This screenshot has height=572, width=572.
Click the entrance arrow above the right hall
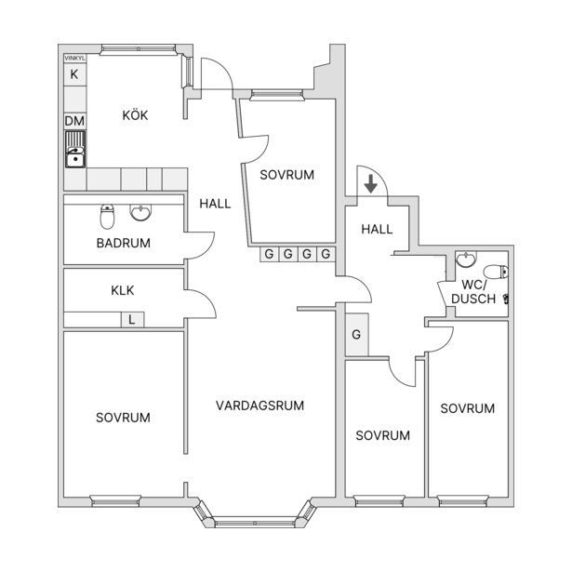[370, 184]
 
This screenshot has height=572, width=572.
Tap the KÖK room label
[135, 115]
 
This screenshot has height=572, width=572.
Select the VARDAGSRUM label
[259, 406]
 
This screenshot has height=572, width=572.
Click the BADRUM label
[124, 243]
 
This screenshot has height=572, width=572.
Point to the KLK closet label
[123, 290]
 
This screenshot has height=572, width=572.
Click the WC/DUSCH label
[473, 292]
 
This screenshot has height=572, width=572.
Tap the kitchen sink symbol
[75, 150]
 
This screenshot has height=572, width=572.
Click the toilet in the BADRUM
[107, 217]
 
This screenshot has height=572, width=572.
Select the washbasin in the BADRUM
[140, 212]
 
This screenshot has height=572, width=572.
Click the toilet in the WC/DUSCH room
[496, 272]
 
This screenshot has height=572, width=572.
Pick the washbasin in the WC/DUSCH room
[466, 259]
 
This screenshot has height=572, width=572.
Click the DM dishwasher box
[74, 121]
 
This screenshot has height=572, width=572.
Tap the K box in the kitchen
[74, 74]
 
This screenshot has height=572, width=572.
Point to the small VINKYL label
[74, 59]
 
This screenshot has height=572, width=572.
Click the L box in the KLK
[132, 320]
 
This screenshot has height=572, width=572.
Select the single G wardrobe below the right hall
[356, 334]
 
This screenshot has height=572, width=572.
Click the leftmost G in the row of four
[269, 254]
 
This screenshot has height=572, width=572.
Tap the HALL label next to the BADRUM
[215, 204]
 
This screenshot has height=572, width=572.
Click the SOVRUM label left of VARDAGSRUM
[123, 418]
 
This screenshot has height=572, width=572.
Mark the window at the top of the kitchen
[138, 49]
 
